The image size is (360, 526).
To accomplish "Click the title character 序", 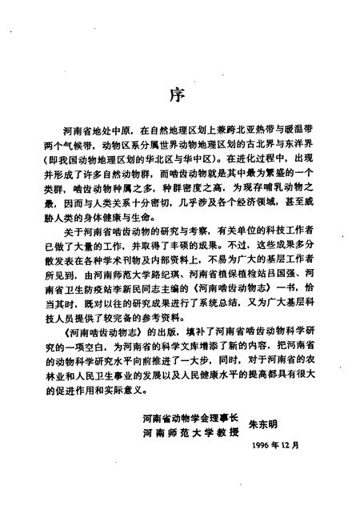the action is click(179, 94).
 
